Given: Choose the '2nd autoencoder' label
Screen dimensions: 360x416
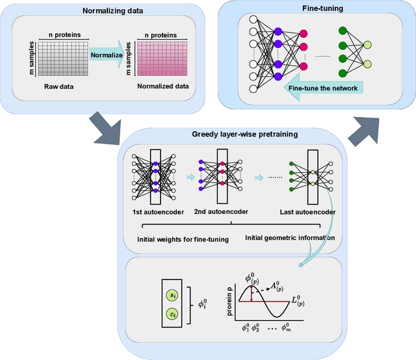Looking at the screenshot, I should pyautogui.click(x=222, y=212).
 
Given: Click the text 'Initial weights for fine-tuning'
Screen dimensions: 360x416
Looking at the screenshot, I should pyautogui.click(x=183, y=238).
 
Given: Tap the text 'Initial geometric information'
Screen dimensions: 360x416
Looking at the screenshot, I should pyautogui.click(x=290, y=238).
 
